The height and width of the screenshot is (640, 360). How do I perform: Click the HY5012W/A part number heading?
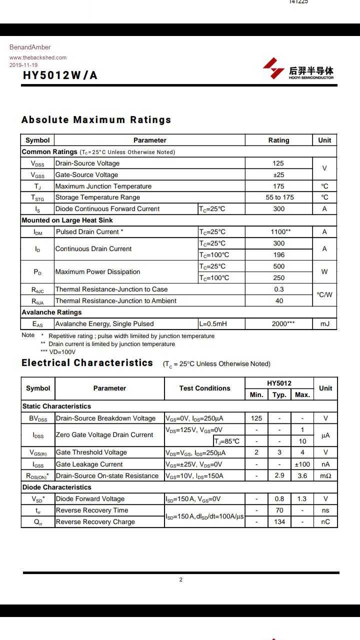(x=60, y=75)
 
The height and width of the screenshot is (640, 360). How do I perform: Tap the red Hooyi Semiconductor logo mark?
(x=273, y=68)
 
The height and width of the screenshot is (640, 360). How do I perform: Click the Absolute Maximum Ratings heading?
(x=96, y=120)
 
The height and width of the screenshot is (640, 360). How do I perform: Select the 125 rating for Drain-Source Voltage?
(x=278, y=163)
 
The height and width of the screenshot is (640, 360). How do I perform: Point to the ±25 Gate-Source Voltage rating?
(x=278, y=175)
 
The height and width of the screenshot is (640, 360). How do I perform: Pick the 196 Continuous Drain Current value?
(x=279, y=255)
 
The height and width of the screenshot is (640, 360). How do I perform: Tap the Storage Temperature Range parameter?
(x=97, y=197)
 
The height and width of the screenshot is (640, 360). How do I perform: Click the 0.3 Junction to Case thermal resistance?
(x=279, y=289)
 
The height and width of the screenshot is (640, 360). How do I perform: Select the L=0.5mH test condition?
(x=213, y=324)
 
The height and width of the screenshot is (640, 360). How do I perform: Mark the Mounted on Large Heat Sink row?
(x=67, y=220)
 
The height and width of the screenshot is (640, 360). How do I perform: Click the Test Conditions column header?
(x=204, y=388)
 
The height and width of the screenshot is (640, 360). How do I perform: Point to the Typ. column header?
(x=279, y=395)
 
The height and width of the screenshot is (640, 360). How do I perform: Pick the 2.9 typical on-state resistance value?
(x=279, y=475)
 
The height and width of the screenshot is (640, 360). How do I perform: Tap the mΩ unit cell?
(x=325, y=476)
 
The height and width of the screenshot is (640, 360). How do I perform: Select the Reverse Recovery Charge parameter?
(x=95, y=522)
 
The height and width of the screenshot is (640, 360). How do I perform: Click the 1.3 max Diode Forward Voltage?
(x=302, y=499)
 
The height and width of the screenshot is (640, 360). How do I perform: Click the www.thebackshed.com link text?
(x=38, y=57)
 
